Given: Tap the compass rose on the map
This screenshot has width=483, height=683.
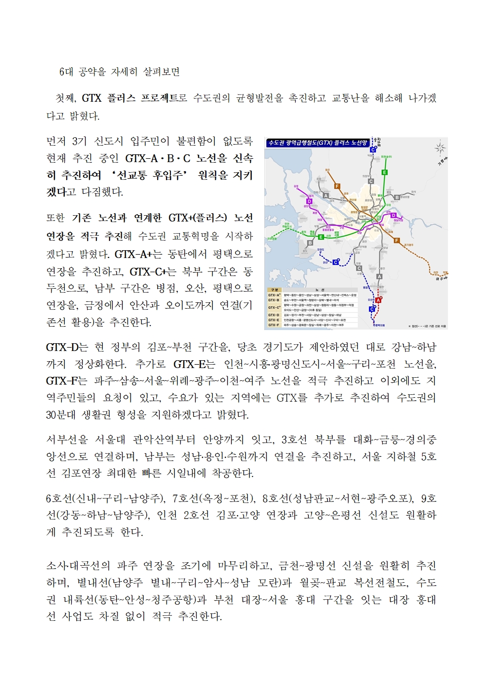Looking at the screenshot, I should tap(440, 148).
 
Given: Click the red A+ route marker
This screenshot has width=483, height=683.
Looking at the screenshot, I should tap(378, 300).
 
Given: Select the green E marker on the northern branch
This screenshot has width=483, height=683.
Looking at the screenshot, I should tap(384, 172).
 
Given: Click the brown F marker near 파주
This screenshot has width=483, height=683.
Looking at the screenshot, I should tap(337, 186).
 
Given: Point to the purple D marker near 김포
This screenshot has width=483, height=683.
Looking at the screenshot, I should tap(309, 201).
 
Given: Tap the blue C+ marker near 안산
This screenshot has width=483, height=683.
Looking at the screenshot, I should tap(335, 262).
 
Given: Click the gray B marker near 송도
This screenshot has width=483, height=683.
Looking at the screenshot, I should tap(310, 243).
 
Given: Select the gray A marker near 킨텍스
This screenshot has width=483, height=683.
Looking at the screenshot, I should tap(326, 196).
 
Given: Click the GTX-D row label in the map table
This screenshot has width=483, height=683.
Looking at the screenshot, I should tap(274, 315).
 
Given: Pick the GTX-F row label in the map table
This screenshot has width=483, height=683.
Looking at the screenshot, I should tap(274, 325).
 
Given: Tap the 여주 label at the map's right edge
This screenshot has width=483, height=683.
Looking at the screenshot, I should tap(440, 278).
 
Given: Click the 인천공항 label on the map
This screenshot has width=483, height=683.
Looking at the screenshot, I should tap(272, 239).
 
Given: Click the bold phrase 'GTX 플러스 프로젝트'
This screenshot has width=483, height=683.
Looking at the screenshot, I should tap(130, 98).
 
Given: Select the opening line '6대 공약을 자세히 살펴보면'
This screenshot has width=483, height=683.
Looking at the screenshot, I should tap(120, 72).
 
